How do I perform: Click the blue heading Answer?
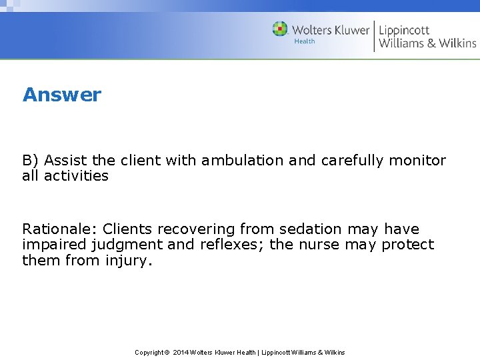(62, 95)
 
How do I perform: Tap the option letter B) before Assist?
(31, 161)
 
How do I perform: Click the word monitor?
(417, 161)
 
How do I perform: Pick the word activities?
(76, 176)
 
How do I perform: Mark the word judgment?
(123, 245)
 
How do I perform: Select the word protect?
(407, 245)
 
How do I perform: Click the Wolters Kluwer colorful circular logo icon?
(280, 29)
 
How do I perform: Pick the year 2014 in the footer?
(181, 352)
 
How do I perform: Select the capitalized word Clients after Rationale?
(128, 229)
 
